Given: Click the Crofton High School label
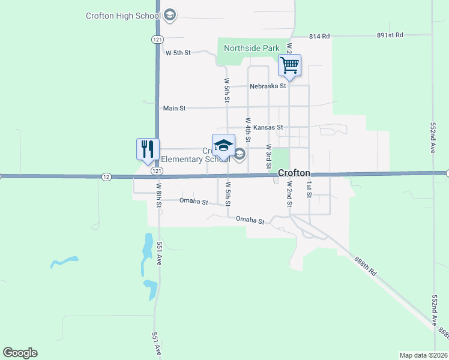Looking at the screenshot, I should (123, 15).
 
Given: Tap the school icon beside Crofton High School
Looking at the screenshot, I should (169, 15).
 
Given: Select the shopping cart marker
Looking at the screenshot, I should (290, 65).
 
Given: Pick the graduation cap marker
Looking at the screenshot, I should (223, 146).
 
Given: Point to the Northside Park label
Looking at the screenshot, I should (252, 48).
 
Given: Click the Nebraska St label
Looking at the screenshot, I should (268, 86).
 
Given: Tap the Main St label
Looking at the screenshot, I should (174, 109).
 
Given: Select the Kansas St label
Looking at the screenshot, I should (268, 128).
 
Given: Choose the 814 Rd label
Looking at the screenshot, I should (319, 37).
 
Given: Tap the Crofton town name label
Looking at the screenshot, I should (294, 173).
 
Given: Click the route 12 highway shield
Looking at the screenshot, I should (106, 176).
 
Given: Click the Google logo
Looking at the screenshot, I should (20, 353).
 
